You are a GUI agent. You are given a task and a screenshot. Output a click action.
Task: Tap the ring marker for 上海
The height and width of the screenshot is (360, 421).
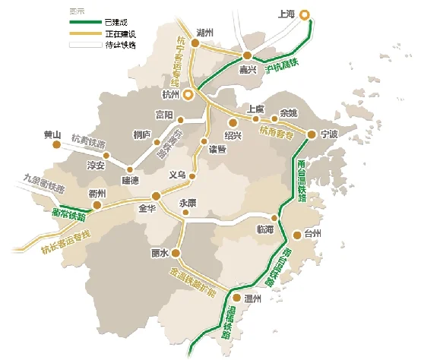pos(305,14)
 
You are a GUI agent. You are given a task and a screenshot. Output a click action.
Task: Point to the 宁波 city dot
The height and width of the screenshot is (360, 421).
pos(312,135)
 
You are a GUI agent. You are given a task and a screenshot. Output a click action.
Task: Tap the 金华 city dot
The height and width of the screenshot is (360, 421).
pos(156,194)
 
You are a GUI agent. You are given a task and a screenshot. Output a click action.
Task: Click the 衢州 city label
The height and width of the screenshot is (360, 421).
pos(97,193)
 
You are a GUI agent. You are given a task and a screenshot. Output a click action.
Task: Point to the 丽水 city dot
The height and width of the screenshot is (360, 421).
pos(176,253)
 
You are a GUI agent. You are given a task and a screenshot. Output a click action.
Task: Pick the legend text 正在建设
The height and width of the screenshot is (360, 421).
pos(122,34)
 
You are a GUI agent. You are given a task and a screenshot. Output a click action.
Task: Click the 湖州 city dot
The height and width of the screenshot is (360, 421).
pos(195,44)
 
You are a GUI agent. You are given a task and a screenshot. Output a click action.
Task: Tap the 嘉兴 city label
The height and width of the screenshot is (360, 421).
pos(248,69)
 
